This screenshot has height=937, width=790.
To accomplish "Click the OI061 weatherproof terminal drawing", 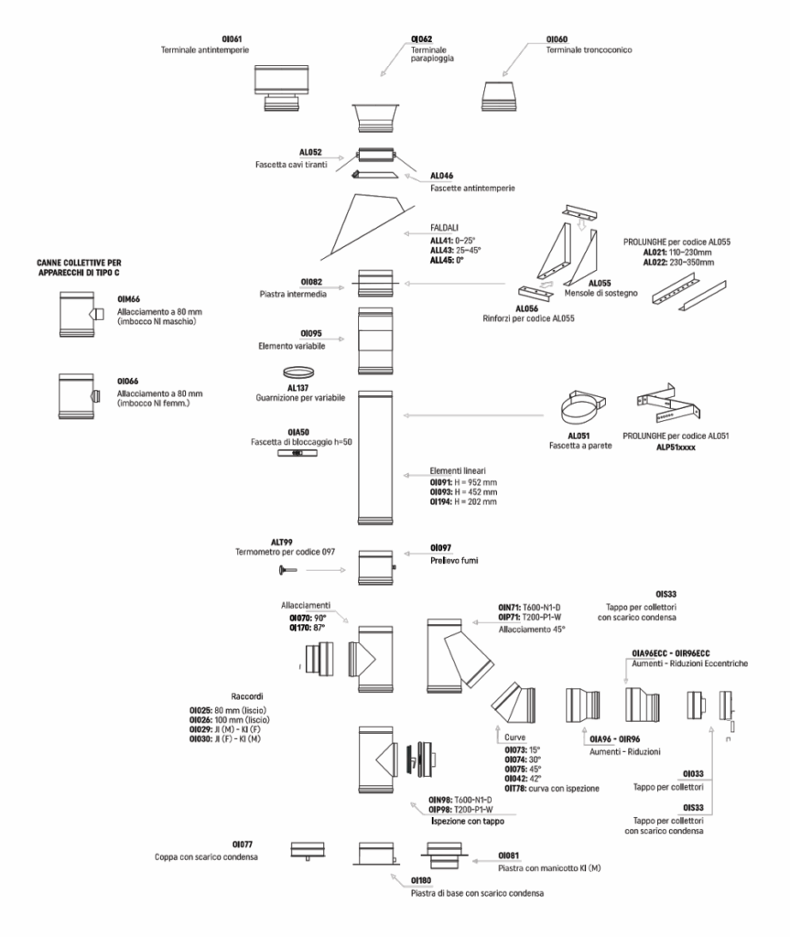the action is point(281,89).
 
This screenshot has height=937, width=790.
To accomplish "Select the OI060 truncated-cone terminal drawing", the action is point(500,96).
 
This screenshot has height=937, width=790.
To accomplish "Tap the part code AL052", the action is point(310,153).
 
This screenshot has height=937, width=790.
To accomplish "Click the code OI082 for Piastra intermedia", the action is point(311,282).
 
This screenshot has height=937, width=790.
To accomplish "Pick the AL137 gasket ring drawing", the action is point(298,373).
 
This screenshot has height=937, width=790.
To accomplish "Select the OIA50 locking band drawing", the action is point(298,454).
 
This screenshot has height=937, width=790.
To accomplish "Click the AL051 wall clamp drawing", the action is point(583,407).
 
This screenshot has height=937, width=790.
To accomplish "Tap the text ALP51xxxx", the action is point(676,447).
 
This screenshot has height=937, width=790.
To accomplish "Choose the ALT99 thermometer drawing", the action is point(287,571).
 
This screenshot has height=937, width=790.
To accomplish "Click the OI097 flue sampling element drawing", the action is point(376,567).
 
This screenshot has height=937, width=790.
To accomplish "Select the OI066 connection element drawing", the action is point(79,396).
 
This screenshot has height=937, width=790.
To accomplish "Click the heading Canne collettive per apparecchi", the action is point(79,268).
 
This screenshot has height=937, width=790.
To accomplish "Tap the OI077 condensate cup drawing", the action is point(308,851).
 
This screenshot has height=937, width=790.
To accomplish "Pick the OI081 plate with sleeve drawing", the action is point(444,856).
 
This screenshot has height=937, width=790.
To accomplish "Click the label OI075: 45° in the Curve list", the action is point(523,769).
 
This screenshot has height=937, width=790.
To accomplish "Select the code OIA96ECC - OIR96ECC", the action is point(671,653).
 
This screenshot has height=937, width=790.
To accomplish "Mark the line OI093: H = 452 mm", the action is point(463,492).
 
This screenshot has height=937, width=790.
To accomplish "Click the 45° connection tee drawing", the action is point(460,656).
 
